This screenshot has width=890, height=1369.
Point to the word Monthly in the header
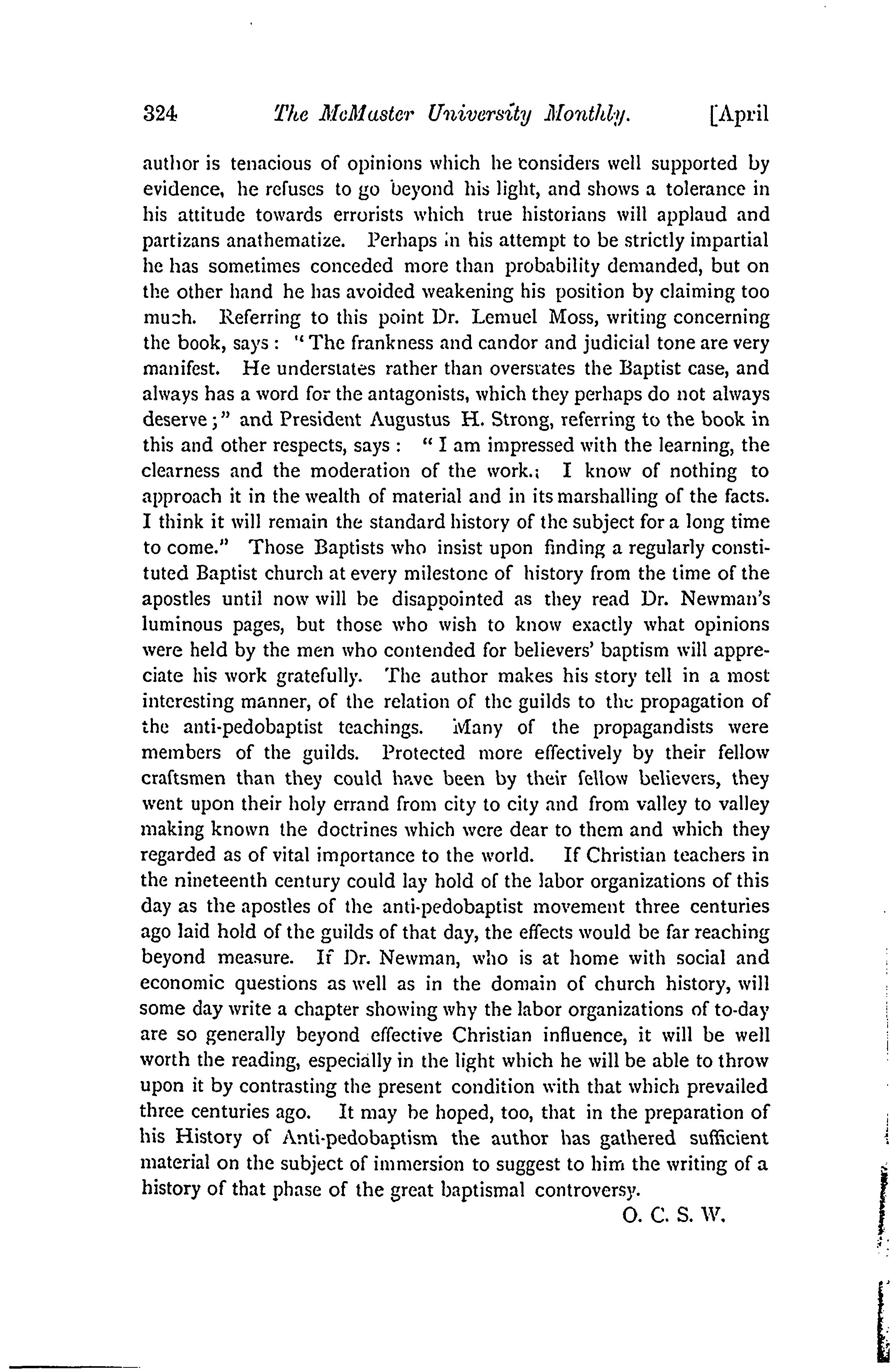tap(587, 116)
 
